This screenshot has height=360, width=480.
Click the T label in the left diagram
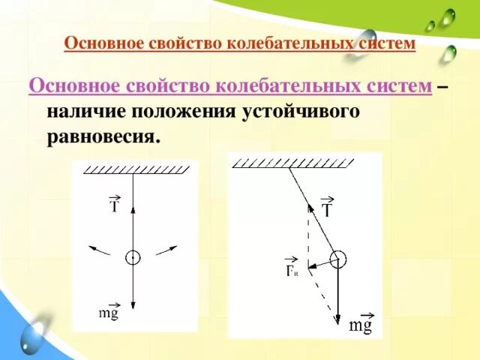click(115, 204)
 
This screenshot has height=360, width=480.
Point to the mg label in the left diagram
click(109, 313)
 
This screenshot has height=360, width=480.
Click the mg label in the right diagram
click(361, 324)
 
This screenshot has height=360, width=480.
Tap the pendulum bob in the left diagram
click(132, 257)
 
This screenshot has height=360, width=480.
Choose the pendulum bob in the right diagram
click(337, 259)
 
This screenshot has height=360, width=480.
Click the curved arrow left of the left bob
click(97, 248)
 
